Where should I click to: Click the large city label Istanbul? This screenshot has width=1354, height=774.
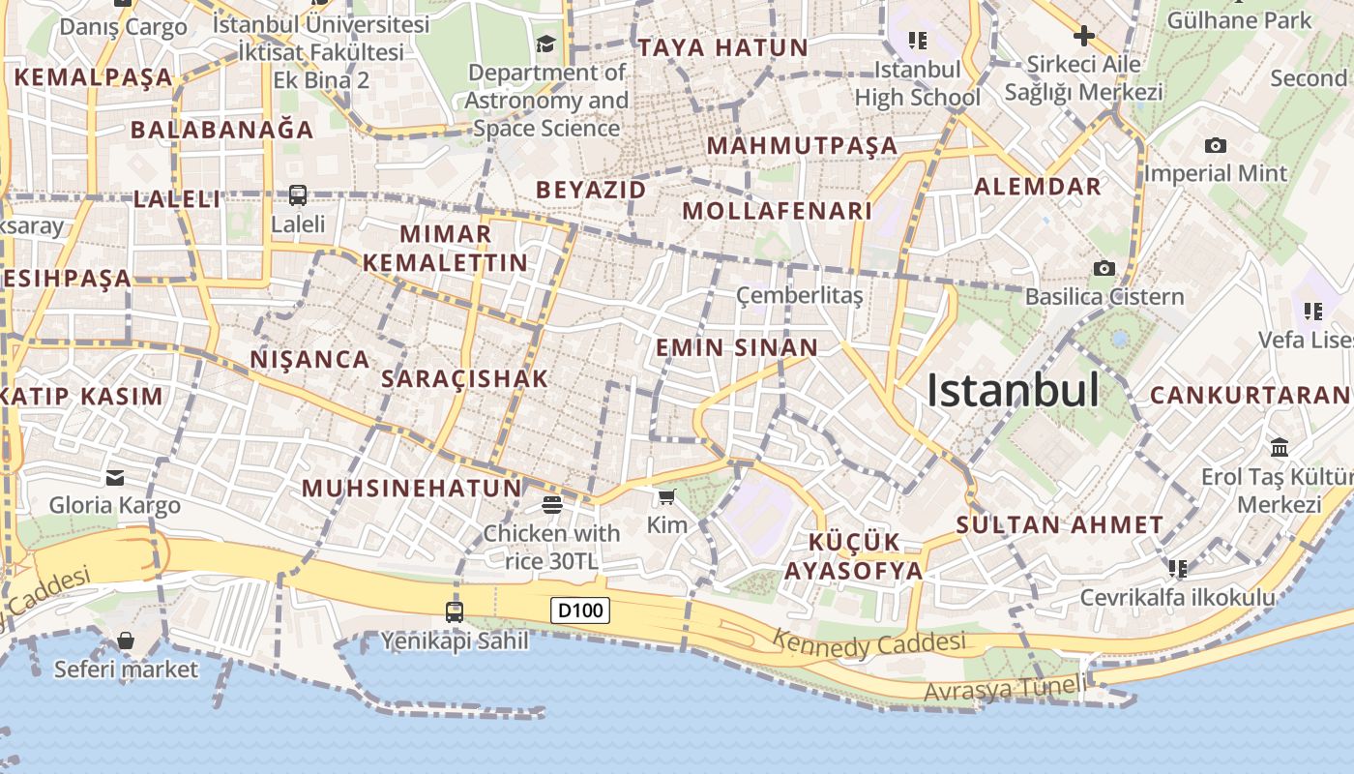(x=1013, y=390)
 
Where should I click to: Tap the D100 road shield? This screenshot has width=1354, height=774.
(x=580, y=610)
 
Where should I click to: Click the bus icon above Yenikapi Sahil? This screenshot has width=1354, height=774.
(x=455, y=611)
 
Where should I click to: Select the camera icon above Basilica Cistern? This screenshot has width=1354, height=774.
(x=1104, y=268)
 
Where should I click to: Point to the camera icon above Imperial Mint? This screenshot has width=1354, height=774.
(x=1216, y=146)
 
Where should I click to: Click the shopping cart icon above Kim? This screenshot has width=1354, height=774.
(x=666, y=497)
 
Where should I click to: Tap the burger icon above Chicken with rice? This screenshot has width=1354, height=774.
(x=551, y=504)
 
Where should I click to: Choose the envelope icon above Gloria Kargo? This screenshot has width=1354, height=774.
(x=115, y=477)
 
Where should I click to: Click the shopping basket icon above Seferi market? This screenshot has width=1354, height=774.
(x=125, y=640)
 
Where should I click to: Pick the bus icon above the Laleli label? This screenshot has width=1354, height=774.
(x=298, y=195)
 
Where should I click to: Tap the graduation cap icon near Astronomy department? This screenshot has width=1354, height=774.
(x=546, y=44)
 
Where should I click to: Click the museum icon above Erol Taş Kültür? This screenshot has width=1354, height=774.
(x=1280, y=448)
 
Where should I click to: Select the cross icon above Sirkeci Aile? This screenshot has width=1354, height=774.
(x=1083, y=37)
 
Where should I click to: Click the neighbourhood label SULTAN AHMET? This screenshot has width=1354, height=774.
(x=1060, y=525)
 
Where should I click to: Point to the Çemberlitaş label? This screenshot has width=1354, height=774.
(x=799, y=295)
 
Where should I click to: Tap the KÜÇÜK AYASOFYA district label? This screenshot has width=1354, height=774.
(x=854, y=556)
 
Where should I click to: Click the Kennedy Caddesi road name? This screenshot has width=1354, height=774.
(x=869, y=642)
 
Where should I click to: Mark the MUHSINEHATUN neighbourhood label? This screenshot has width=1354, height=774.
(x=412, y=489)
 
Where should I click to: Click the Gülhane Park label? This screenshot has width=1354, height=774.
(x=1241, y=19)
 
